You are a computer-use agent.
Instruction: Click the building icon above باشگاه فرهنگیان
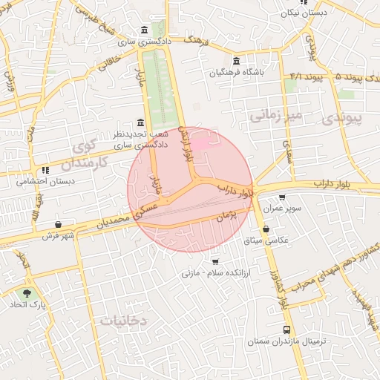point(236,61)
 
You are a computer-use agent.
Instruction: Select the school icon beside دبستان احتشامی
point(47,169)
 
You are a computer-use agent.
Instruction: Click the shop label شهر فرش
point(59,236)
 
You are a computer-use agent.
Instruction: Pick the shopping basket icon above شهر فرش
point(59,225)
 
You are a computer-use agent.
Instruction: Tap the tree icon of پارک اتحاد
point(28,294)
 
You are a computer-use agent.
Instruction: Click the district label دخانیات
point(124,320)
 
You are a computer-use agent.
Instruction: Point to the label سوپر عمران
point(283,209)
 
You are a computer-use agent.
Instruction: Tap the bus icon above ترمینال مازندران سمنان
point(286,330)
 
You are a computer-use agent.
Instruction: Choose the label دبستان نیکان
point(304,13)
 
